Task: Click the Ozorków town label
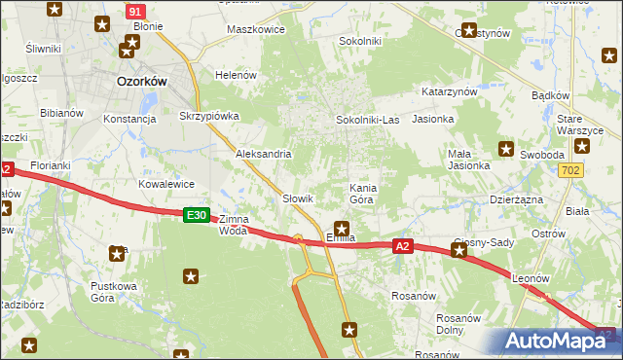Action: click(x=142, y=82)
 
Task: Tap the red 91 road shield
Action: click(x=137, y=11)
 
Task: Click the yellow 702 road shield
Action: click(x=571, y=170)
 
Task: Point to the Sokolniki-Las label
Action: click(x=367, y=120)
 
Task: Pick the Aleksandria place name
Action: click(x=264, y=154)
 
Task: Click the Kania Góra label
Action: click(x=362, y=192)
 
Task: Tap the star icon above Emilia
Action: click(x=342, y=228)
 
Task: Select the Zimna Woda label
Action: click(x=233, y=225)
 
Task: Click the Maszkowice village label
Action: click(x=255, y=29)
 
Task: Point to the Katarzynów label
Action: click(x=449, y=90)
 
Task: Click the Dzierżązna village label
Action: click(x=517, y=198)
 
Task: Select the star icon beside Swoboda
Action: click(x=506, y=149)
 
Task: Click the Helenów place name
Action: click(x=236, y=75)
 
